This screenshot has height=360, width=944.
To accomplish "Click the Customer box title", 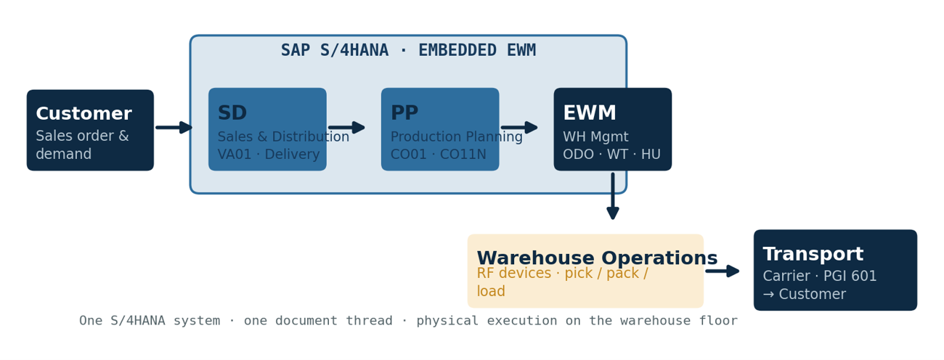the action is (x=84, y=113).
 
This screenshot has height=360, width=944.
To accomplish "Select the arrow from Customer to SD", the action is (x=174, y=127).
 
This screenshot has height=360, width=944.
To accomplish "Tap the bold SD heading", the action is (x=232, y=112).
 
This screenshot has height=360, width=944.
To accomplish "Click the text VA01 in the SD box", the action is (x=235, y=154).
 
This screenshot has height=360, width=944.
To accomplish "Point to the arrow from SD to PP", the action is (x=347, y=127).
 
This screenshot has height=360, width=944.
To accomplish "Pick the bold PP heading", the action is (x=404, y=112).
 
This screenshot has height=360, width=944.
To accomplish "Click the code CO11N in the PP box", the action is (x=463, y=154).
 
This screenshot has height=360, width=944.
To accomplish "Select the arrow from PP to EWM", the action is (x=520, y=127).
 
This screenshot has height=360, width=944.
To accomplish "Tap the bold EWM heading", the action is (x=590, y=112).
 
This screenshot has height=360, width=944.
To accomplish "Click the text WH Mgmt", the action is (x=595, y=136).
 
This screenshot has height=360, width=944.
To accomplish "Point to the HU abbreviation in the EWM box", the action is (x=651, y=154).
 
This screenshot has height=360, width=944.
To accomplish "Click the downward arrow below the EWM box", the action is (x=613, y=196).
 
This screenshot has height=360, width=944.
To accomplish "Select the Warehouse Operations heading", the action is (x=597, y=258).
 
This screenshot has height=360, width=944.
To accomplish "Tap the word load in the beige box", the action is (x=491, y=291).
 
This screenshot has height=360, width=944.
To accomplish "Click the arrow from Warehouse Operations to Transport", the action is (x=723, y=271).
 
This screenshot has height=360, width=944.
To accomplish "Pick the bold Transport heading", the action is (x=813, y=253).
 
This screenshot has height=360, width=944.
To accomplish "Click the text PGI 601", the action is (x=850, y=276).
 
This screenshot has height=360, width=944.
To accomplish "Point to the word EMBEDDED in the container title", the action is (x=457, y=50).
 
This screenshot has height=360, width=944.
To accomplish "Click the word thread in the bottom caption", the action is (x=369, y=321).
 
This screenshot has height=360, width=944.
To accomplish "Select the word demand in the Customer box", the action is (x=64, y=154).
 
